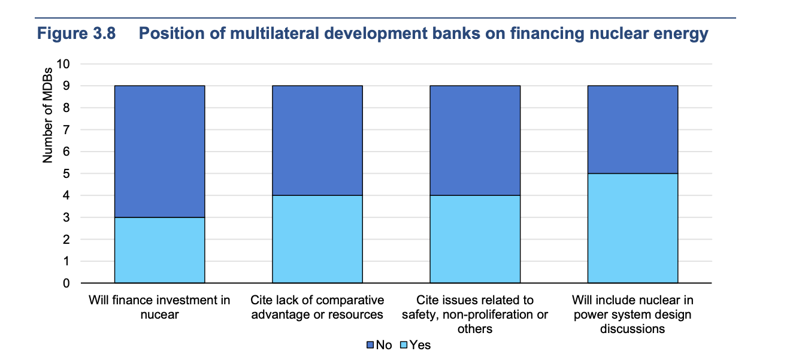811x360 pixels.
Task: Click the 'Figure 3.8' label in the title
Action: tap(77, 34)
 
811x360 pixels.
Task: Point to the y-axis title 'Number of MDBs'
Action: tap(47, 115)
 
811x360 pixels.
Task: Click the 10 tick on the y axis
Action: tap(63, 64)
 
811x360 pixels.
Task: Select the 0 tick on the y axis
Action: tap(66, 283)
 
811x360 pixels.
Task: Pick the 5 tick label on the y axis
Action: tap(66, 174)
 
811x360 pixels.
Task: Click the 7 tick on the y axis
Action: tap(66, 129)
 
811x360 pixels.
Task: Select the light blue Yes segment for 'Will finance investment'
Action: tap(160, 250)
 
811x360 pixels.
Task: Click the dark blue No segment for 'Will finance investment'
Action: tap(160, 152)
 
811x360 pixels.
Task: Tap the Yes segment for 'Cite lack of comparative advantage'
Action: tap(317, 240)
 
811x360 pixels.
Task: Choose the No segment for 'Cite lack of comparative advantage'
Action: tap(317, 141)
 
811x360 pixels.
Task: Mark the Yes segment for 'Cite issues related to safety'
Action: tap(475, 240)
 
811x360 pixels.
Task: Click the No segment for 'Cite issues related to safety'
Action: tap(475, 141)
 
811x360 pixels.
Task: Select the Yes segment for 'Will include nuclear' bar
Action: tap(633, 228)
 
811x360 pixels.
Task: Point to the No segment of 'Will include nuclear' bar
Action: tap(633, 129)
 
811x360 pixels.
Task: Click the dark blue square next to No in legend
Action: tap(370, 345)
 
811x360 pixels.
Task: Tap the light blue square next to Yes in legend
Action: tap(404, 345)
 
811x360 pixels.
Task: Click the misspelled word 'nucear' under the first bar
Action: tap(160, 314)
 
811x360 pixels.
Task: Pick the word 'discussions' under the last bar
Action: tap(633, 329)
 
